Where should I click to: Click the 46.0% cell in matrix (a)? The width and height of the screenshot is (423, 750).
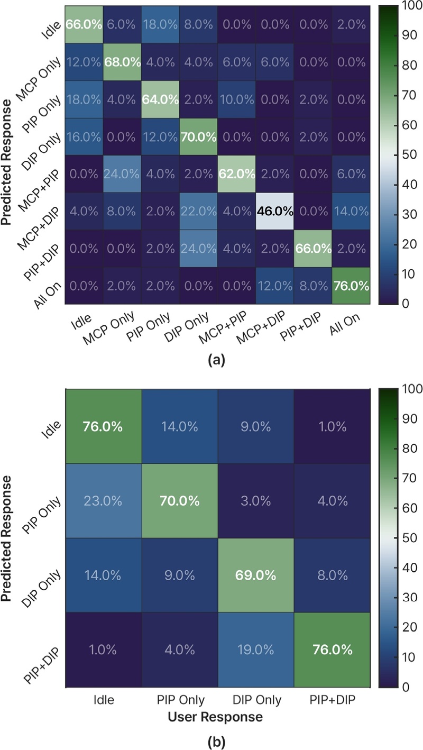(x=275, y=211)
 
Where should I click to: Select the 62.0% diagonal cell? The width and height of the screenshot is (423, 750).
(x=237, y=174)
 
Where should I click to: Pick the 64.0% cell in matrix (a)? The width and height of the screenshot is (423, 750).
(x=161, y=99)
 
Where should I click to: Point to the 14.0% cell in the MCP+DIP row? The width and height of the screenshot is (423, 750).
(x=352, y=211)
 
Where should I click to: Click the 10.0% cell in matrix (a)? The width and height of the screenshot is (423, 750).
(x=237, y=99)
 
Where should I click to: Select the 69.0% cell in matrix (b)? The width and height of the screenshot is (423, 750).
(x=256, y=575)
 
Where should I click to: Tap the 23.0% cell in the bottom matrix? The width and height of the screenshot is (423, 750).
(x=103, y=501)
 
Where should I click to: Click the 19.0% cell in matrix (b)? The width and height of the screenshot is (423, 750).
(x=256, y=650)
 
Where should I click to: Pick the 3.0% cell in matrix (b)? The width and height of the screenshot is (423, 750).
(x=256, y=501)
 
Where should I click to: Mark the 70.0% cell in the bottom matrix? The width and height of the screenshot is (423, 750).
(x=180, y=501)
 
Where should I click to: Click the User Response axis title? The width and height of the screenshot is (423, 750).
(x=215, y=717)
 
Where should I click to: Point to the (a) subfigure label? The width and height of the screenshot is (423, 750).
(x=216, y=360)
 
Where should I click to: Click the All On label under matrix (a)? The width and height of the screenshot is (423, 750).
(x=345, y=324)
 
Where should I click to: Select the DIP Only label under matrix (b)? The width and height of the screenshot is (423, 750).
(x=256, y=700)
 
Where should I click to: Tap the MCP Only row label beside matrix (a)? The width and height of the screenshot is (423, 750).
(x=39, y=79)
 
